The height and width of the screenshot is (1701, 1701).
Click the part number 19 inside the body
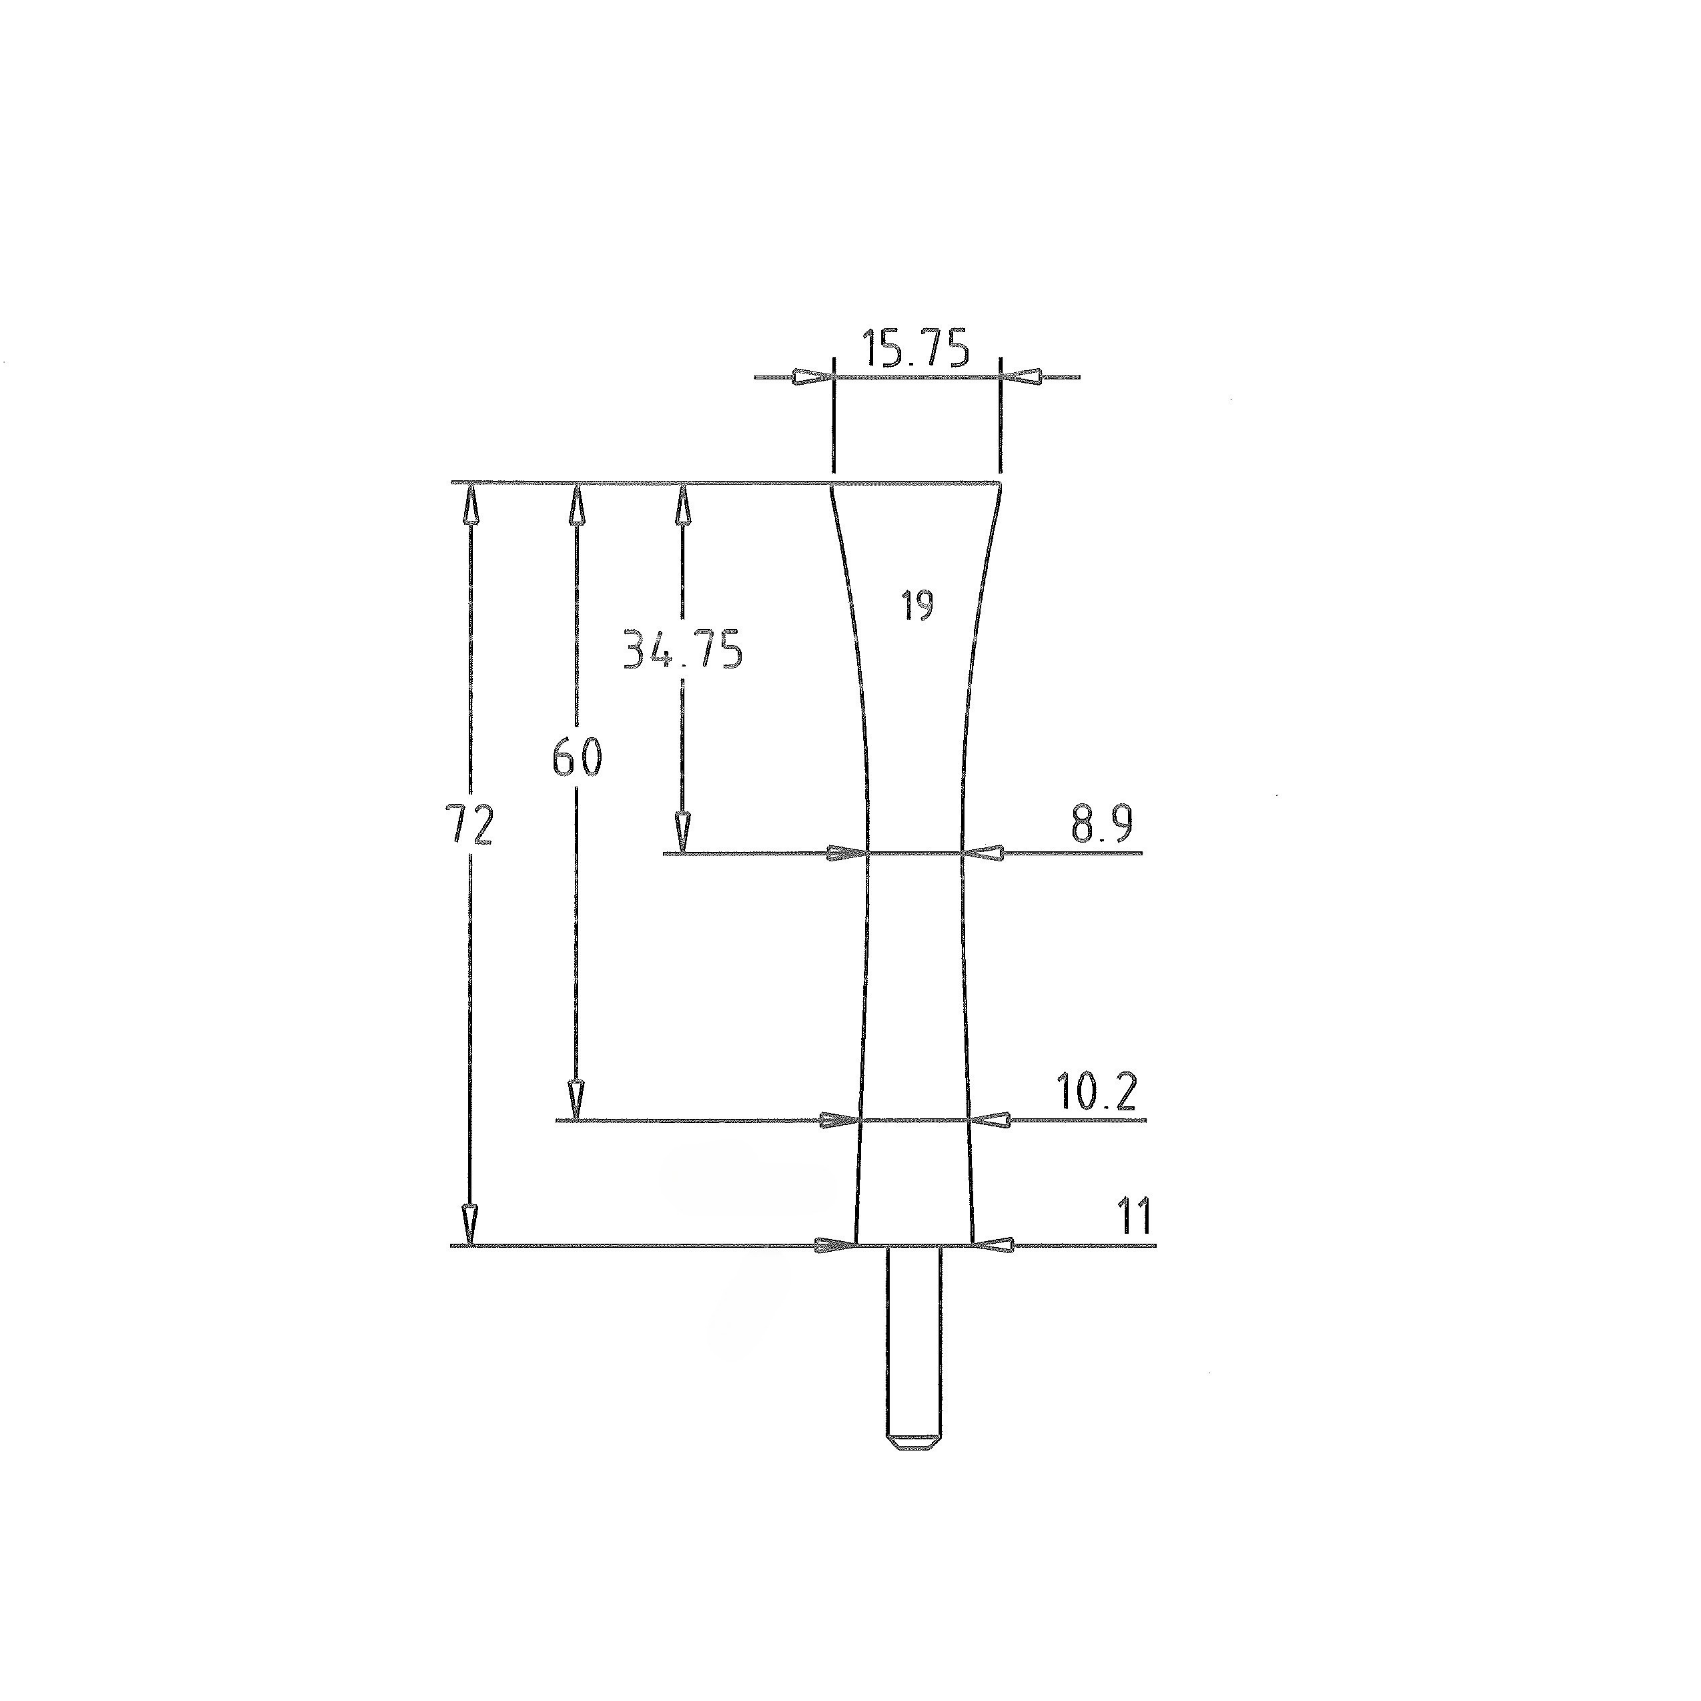(x=917, y=606)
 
